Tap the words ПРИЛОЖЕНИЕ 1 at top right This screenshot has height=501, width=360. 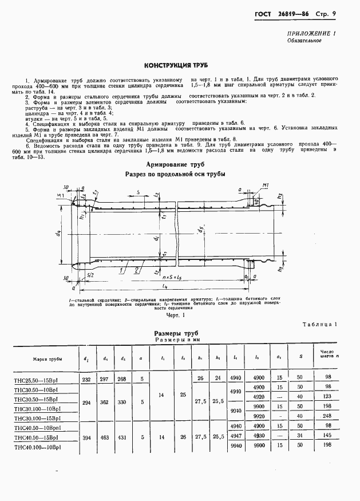311,34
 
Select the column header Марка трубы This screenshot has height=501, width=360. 49,359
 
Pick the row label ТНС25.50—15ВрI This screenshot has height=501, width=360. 37,379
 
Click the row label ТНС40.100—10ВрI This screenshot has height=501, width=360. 38,445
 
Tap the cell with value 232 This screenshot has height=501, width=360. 85,379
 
